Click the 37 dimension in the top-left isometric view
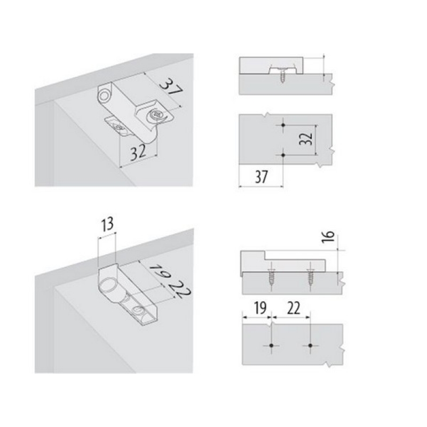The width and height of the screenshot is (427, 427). (171, 87)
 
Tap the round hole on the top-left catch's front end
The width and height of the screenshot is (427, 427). (104, 96)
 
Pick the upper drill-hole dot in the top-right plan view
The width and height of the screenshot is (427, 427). (283, 125)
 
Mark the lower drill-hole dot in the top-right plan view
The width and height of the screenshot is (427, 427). (283, 155)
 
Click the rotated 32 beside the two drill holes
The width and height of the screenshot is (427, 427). (306, 139)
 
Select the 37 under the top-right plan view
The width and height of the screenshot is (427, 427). (261, 177)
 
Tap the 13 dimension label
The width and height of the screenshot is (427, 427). (107, 225)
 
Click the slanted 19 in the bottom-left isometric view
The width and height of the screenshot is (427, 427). (161, 271)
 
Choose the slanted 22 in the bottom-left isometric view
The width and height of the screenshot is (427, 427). (179, 289)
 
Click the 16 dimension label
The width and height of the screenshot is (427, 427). (328, 236)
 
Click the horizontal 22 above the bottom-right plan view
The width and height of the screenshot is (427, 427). (293, 308)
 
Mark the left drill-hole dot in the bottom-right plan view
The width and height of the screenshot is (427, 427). (271, 345)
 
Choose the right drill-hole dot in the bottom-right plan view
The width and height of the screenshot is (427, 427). (311, 345)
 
